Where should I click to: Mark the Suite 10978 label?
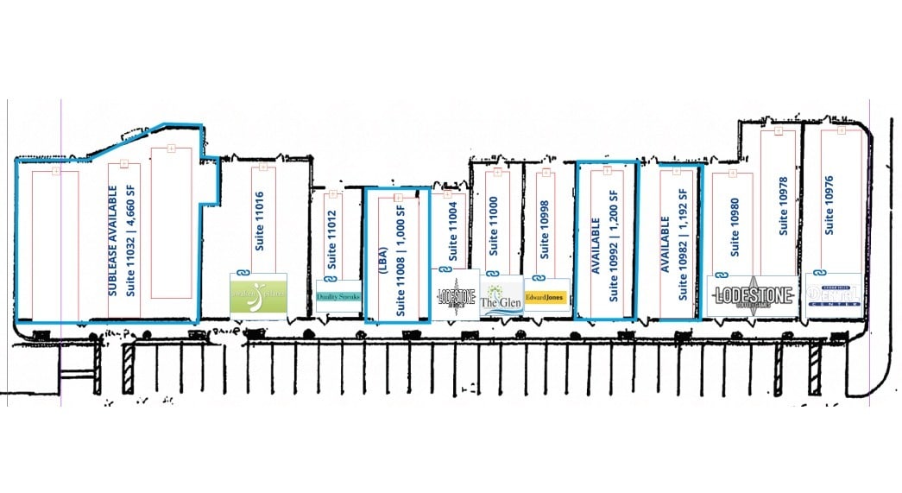(x=784, y=206)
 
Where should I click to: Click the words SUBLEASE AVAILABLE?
(x=113, y=229)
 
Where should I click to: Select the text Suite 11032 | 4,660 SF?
(x=130, y=231)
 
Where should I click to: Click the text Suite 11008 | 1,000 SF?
(x=400, y=255)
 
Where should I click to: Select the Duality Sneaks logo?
(x=338, y=296)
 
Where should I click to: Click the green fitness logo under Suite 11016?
(x=257, y=295)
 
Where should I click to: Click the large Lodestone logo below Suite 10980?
(x=752, y=295)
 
